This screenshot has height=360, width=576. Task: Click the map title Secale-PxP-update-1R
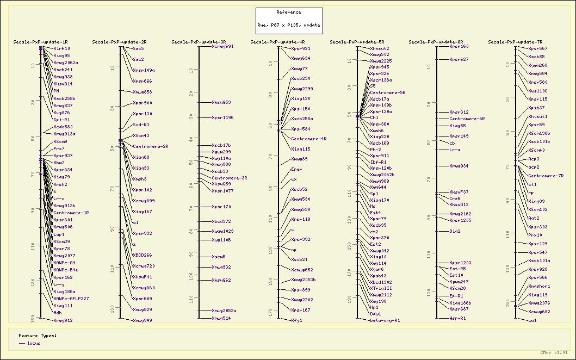(40, 42)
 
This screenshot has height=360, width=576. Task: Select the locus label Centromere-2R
(151, 146)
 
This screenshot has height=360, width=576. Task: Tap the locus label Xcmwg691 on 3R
(222, 46)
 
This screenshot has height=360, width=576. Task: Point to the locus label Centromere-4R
(308, 139)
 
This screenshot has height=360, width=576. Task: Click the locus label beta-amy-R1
(385, 320)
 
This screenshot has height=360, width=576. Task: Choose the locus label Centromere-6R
(467, 119)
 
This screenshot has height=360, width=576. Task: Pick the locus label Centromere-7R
(546, 176)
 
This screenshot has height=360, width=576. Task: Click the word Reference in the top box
(288, 12)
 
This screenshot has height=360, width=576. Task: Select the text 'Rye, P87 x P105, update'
(289, 25)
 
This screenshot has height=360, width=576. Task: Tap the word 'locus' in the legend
(34, 343)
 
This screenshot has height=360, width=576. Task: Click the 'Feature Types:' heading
(34, 336)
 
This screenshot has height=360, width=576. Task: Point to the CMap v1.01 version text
(554, 352)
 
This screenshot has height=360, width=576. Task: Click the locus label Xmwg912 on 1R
(63, 320)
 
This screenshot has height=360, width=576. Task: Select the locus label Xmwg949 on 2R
(142, 320)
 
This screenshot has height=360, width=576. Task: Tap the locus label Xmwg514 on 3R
(221, 318)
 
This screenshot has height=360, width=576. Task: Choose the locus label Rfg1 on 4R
(296, 320)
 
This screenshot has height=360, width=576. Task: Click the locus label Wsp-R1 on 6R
(457, 318)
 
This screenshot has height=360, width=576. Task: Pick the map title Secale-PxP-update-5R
(357, 42)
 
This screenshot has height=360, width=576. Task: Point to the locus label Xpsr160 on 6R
(459, 46)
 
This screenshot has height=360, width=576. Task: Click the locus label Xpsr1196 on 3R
(222, 117)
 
